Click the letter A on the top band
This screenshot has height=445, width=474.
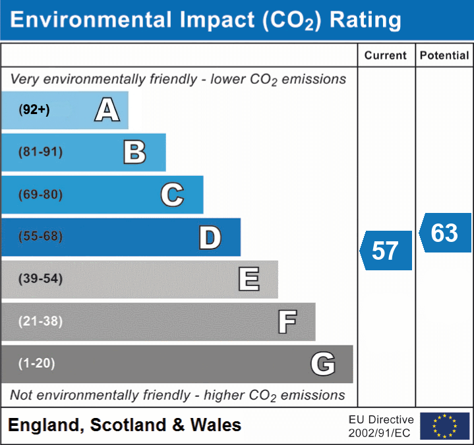107,109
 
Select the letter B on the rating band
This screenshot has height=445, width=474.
134,152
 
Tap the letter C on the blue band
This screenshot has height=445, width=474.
172,194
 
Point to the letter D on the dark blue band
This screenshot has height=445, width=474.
210,237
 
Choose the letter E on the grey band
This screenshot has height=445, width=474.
249,280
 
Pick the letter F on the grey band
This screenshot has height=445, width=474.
287,322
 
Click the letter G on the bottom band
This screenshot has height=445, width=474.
323,364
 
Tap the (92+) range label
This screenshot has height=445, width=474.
34,110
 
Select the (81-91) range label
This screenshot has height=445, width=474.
41,152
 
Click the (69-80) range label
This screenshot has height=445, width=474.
41,194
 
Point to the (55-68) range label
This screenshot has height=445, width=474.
41,237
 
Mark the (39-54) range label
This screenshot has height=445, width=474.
41,279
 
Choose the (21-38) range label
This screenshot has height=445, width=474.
41,321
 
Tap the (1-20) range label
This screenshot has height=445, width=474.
37,363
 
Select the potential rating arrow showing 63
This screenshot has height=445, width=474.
445,233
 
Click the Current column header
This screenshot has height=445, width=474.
386,56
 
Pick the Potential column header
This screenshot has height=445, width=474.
444,56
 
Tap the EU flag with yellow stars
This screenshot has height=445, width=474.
444,426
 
